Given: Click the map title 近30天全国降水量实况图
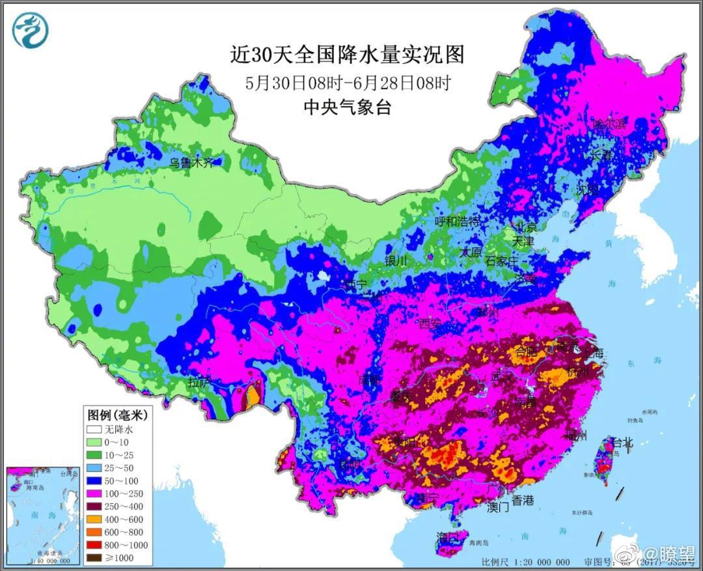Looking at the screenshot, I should (347, 55).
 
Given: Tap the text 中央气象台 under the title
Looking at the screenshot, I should (347, 107).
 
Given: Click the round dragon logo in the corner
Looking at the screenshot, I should (31, 31).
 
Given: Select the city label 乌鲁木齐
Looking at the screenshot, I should (191, 163).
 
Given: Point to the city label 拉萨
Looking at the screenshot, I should (199, 382).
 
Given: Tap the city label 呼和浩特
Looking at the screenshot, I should (458, 221).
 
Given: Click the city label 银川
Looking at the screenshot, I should (396, 260).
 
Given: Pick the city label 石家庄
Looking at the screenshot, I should (502, 261).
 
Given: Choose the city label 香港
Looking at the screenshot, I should (522, 500).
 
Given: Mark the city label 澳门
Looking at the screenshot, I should (498, 507).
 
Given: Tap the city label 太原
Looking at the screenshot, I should (472, 251).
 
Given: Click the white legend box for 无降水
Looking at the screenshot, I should (95, 430).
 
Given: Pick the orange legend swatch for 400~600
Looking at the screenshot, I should (95, 519).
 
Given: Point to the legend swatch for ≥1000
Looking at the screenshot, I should (95, 557).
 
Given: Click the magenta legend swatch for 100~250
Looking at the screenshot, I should (95, 494).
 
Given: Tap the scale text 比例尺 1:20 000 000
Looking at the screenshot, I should (525, 562).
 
